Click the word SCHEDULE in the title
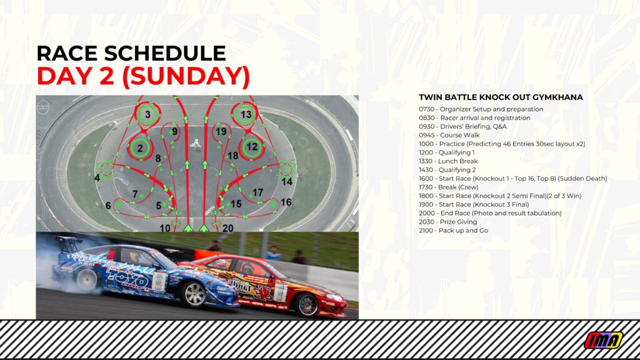point(165,54)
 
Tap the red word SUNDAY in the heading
point(186,76)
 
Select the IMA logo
point(604,340)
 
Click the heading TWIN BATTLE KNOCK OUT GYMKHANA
point(501,97)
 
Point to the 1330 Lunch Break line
point(448,161)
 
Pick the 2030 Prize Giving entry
point(447,222)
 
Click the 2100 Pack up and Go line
point(454,230)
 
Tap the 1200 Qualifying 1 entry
point(446,152)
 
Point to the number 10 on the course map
point(165,227)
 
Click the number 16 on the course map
point(286,202)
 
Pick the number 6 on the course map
point(107,206)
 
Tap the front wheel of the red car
point(307,304)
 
